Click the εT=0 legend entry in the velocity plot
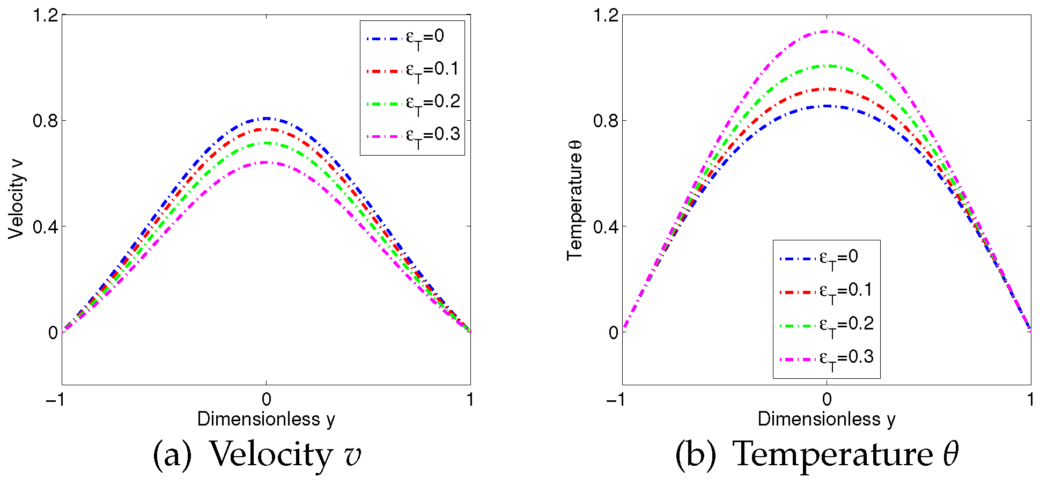[412, 38]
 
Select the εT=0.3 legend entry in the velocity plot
[412, 136]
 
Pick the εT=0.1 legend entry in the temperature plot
[826, 291]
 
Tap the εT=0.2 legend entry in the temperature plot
[826, 325]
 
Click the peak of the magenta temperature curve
[827, 31]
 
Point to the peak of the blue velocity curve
[266, 118]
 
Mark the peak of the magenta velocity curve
[266, 162]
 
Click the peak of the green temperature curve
[827, 65]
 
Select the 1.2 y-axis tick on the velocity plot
[45, 15]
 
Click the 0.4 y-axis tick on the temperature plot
[606, 227]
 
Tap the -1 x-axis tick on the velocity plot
[56, 400]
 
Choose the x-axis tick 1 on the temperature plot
[1030, 400]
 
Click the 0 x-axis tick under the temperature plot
[827, 400]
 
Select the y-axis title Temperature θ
[575, 200]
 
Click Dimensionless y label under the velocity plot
[266, 419]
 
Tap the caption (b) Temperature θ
[816, 455]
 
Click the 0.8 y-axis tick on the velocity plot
[45, 121]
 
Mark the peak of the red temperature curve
[827, 89]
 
